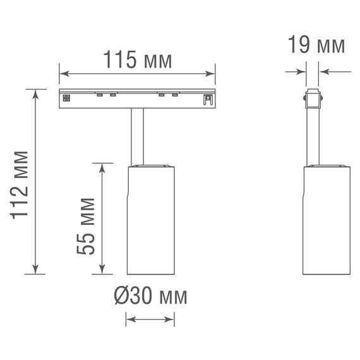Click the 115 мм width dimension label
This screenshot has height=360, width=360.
tap(137, 61)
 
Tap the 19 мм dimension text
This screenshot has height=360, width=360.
tap(316, 45)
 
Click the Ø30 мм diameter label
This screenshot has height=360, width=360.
tap(150, 296)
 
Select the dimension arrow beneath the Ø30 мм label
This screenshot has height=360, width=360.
tap(150, 321)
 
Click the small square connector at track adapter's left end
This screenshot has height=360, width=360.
tap(66, 97)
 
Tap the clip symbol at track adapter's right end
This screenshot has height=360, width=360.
tap(206, 99)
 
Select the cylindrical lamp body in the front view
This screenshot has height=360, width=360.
tap(150, 221)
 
